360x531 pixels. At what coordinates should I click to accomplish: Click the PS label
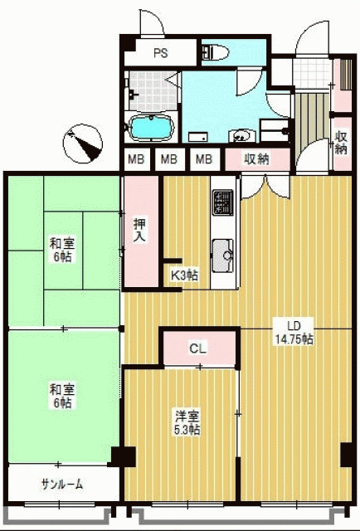161,53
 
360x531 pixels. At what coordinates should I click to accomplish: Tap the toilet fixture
216,52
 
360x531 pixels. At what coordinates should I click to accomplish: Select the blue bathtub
152,127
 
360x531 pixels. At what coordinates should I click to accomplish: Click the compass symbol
83,144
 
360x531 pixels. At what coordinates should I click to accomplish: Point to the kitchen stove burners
222,202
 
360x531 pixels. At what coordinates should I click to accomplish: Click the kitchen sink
222,256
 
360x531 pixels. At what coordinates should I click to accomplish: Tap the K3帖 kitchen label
184,275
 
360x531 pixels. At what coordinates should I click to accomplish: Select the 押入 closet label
140,230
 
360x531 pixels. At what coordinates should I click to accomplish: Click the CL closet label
197,348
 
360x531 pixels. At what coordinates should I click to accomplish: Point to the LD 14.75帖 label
294,333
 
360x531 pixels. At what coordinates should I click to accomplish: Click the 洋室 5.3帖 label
187,422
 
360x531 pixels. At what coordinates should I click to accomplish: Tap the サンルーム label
62,485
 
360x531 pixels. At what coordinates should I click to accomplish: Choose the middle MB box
169,158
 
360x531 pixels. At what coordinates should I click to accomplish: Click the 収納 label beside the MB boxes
256,159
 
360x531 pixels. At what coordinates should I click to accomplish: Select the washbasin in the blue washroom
241,135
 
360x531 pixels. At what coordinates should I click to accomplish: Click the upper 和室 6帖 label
62,251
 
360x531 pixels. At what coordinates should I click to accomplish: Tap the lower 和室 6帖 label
62,397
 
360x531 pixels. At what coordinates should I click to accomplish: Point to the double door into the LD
265,187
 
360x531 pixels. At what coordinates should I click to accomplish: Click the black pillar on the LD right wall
346,455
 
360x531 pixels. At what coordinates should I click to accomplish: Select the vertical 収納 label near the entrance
341,142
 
